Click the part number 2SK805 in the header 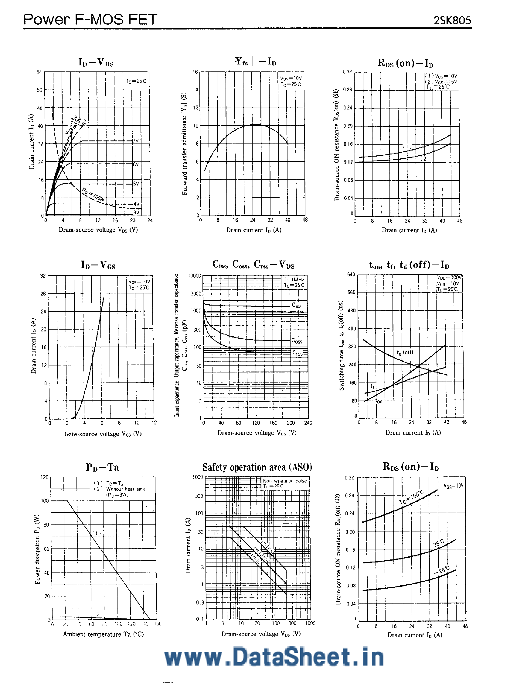452,20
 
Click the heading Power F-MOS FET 90,19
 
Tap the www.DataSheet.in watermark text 274,658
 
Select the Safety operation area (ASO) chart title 257,467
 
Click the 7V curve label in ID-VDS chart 135,141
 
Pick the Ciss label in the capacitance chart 297,305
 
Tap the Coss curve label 297,341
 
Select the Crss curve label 297,353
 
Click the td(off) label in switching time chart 405,352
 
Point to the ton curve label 379,401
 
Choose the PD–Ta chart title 102,467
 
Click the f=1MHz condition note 294,279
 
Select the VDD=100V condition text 450,277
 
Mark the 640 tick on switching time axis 351,275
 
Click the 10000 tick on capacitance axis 195,276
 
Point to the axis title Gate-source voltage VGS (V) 103,434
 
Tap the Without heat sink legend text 125,489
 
